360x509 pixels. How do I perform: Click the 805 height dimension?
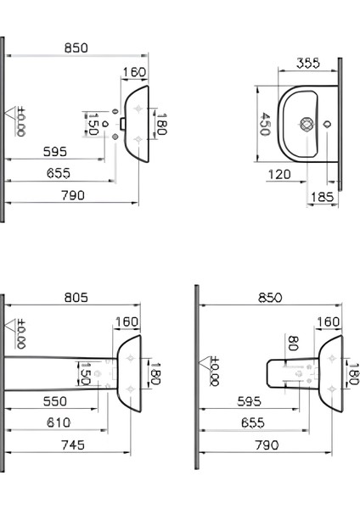pos(76,298)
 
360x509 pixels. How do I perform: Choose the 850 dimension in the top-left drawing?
pos(76,49)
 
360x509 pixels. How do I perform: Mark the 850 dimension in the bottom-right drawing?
pos(270,298)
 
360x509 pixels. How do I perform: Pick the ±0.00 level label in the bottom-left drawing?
pos(21,333)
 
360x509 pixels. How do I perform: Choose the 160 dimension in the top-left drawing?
pos(132,72)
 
